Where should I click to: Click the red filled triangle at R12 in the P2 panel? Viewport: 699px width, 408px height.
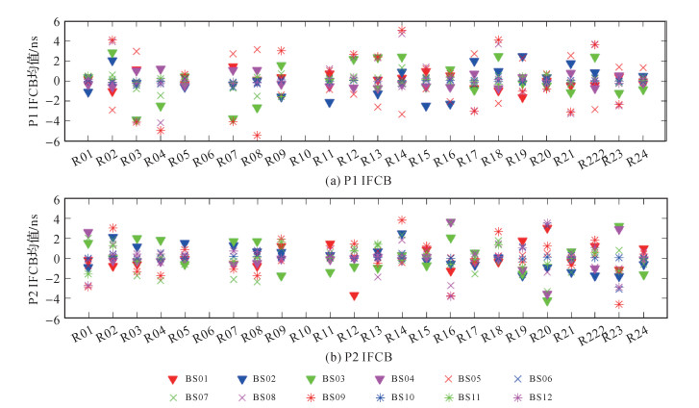click(355, 295)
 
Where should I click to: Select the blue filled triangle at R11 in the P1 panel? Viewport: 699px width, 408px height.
click(329, 102)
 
